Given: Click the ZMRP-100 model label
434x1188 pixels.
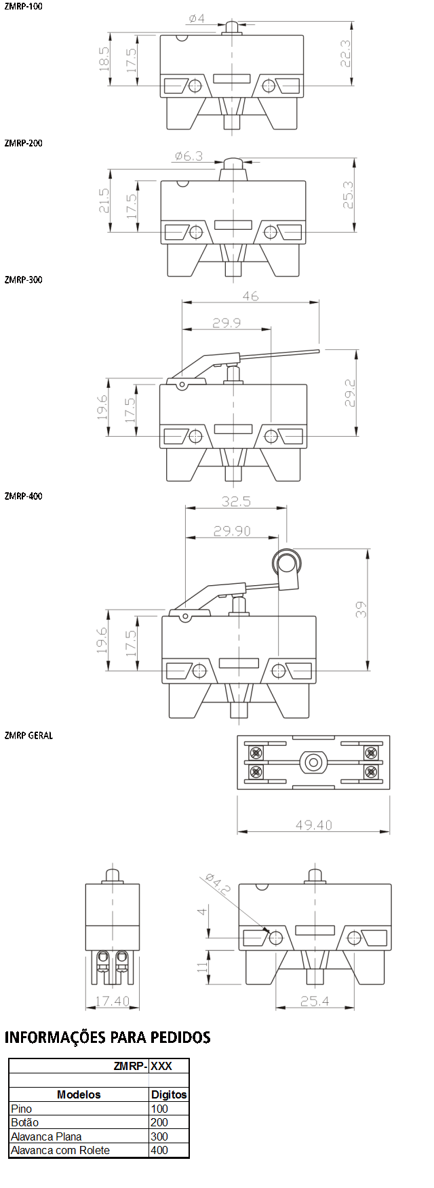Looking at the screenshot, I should (23, 6).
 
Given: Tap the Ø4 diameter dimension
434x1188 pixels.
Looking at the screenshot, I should (197, 18).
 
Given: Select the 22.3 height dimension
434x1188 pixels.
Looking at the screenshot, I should (346, 54).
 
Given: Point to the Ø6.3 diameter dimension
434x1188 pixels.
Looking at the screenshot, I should (189, 156).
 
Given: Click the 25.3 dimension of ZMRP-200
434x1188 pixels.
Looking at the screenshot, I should (348, 195).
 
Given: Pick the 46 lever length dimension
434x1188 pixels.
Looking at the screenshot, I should (250, 296).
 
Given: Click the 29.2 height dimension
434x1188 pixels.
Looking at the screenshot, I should (350, 393).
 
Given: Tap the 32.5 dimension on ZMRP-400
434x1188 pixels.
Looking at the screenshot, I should (236, 501).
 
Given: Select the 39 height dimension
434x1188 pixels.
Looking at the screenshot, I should (361, 609).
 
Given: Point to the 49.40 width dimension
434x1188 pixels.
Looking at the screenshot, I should (314, 825).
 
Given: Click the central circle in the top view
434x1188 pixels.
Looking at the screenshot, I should (313, 762).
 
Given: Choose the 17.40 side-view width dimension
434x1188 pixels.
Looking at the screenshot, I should (113, 1001).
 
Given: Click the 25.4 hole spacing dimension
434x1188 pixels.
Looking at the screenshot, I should (315, 1001).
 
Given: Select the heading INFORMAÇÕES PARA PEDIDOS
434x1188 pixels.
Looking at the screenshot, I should (108, 1037).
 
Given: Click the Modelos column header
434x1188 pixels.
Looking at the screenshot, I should (79, 1094).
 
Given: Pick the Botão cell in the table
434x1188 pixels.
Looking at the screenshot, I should (25, 1122).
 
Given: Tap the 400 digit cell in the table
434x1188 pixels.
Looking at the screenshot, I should (159, 1150).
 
